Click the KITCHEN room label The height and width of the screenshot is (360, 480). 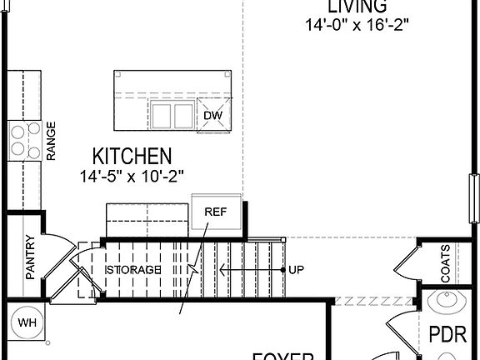coord(132,156)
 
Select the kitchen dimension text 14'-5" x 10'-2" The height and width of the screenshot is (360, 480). coord(132,176)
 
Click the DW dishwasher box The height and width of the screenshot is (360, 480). coord(213,114)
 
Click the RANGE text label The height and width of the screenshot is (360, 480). coord(52,141)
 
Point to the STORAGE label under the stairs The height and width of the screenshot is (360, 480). coord(132,271)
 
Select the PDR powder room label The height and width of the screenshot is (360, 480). coord(446,335)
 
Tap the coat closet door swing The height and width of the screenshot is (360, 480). coord(406,262)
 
